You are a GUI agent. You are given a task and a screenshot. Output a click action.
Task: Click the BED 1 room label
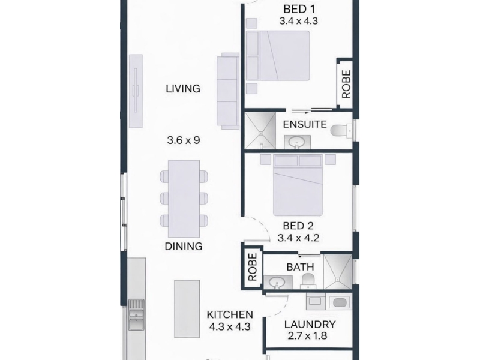coord(299,9)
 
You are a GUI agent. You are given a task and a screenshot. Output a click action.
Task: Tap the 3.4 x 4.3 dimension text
coord(298,21)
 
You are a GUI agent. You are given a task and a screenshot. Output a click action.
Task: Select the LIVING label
coord(183,89)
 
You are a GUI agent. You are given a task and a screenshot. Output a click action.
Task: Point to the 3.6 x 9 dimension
coord(184,140)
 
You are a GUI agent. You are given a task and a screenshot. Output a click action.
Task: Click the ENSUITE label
coord(305,124)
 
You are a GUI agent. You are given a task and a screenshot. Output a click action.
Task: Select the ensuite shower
coord(260,130)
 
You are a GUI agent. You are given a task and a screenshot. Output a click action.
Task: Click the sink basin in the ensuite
coord(297,142)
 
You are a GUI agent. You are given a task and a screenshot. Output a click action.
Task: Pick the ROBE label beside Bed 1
coord(346,84)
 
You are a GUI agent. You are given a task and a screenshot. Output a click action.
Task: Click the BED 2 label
coord(298,226)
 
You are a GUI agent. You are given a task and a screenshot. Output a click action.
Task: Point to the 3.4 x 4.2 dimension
coord(298,238)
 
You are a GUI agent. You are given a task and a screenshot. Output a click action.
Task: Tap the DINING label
coord(184,246)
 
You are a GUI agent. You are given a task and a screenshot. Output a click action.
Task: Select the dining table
coord(184,199)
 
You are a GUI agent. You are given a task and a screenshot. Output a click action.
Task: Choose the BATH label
coord(301,267)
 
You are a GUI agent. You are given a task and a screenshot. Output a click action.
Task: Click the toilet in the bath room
coord(308,281)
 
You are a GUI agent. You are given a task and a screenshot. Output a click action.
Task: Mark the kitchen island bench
coord(187,309)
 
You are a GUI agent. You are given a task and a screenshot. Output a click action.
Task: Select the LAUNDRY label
coord(310,324)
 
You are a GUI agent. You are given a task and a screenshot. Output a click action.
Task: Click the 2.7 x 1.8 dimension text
coord(307,336)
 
